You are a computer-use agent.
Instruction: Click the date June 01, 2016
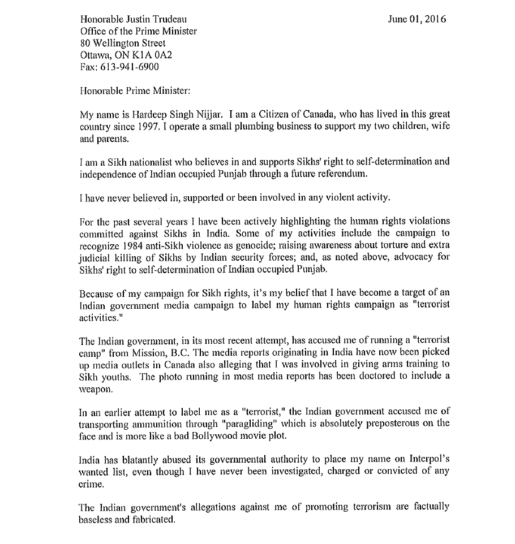417,19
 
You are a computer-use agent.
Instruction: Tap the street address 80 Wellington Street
123,43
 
